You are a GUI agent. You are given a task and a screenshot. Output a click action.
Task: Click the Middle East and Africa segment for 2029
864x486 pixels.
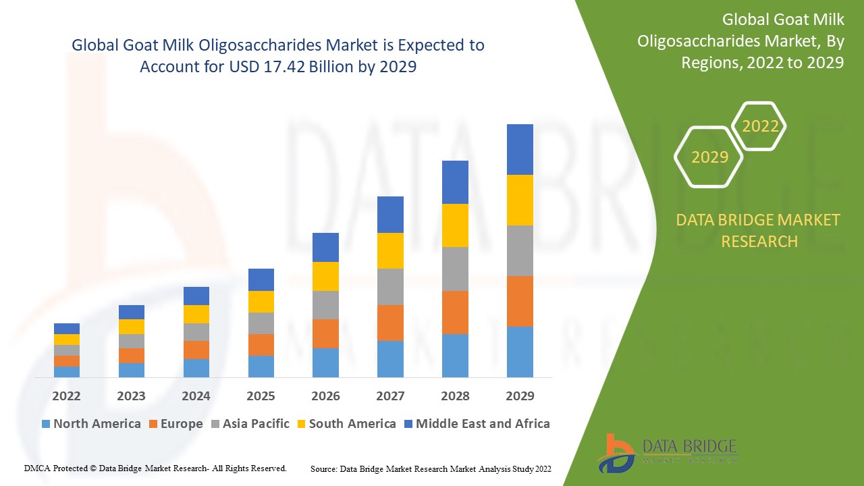pyautogui.click(x=520, y=149)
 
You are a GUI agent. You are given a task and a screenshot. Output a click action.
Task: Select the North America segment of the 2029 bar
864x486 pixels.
pyautogui.click(x=520, y=352)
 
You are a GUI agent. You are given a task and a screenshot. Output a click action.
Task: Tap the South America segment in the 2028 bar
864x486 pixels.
pyautogui.click(x=455, y=225)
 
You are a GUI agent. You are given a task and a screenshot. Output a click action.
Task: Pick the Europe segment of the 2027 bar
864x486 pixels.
pyautogui.click(x=390, y=323)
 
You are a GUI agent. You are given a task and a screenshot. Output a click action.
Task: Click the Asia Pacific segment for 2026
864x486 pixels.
pyautogui.click(x=325, y=305)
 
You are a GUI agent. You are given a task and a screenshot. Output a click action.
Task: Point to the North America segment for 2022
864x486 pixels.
pyautogui.click(x=67, y=371)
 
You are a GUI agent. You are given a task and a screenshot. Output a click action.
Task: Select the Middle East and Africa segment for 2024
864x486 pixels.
pyautogui.click(x=196, y=296)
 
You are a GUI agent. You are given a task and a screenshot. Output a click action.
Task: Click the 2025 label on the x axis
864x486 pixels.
pyautogui.click(x=261, y=396)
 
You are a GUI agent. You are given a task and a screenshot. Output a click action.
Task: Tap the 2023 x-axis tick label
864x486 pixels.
pyautogui.click(x=131, y=396)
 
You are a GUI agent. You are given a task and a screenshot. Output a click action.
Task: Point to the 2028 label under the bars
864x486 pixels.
pyautogui.click(x=455, y=396)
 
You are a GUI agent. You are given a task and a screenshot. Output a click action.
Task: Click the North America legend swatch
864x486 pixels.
pyautogui.click(x=46, y=424)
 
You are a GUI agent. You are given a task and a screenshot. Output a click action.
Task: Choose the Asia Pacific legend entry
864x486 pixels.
pyautogui.click(x=250, y=424)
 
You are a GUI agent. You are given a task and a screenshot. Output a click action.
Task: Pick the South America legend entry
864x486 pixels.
pyautogui.click(x=345, y=424)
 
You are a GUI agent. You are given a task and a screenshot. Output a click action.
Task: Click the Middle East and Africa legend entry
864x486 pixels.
pyautogui.click(x=476, y=424)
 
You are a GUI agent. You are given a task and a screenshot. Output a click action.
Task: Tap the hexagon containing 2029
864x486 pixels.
pyautogui.click(x=709, y=157)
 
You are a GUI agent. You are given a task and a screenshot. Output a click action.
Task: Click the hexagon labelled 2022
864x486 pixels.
pyautogui.click(x=760, y=126)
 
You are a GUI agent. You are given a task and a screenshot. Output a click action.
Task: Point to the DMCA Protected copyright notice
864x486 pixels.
pyautogui.click(x=156, y=468)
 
